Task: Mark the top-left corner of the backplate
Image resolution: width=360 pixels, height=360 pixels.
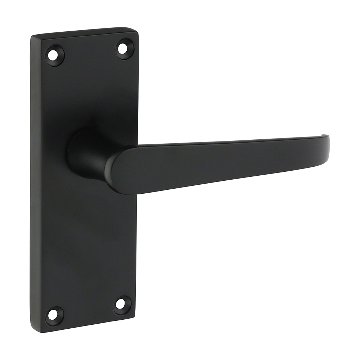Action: [x=32, y=37]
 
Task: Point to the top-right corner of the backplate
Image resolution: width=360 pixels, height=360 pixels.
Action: [x=137, y=30]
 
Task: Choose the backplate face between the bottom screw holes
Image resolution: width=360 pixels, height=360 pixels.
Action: [x=87, y=310]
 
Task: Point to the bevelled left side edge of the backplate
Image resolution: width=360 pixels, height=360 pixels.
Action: [x=35, y=180]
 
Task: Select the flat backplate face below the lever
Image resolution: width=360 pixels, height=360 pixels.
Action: [x=86, y=245]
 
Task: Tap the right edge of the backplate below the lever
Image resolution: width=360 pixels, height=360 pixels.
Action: [x=136, y=252]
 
